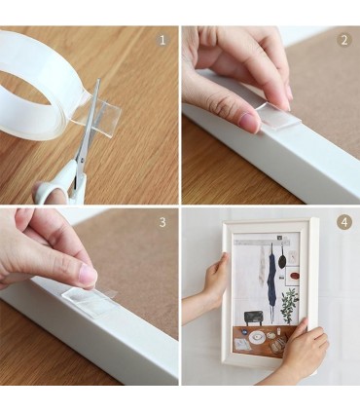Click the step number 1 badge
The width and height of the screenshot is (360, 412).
[162, 40]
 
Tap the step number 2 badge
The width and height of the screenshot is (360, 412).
[343, 40]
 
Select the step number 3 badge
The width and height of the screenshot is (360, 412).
[162, 222]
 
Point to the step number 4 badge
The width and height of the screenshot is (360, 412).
[343, 222]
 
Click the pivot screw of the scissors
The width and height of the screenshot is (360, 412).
[82, 160]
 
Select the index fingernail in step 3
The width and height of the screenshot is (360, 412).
[89, 275]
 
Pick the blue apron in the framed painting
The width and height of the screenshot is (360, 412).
[271, 279]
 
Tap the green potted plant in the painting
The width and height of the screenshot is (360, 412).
[290, 305]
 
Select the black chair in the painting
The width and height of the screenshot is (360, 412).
[253, 318]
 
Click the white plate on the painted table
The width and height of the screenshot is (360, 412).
[257, 337]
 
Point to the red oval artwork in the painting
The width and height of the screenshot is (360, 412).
[295, 276]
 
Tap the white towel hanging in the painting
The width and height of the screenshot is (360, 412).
[262, 267]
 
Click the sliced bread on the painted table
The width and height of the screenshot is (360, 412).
[278, 345]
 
